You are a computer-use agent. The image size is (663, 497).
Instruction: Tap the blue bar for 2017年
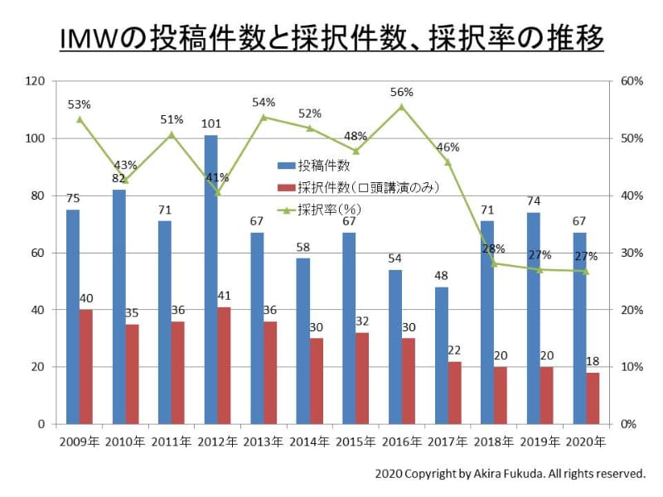point(441,355)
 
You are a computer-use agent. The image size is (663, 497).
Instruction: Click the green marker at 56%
point(401,106)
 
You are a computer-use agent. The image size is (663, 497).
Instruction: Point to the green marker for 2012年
point(217,192)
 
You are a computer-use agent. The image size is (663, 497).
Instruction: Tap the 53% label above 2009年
point(80,104)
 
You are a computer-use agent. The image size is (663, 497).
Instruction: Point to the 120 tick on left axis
point(34,81)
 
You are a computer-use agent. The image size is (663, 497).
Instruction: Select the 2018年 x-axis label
point(493,442)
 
